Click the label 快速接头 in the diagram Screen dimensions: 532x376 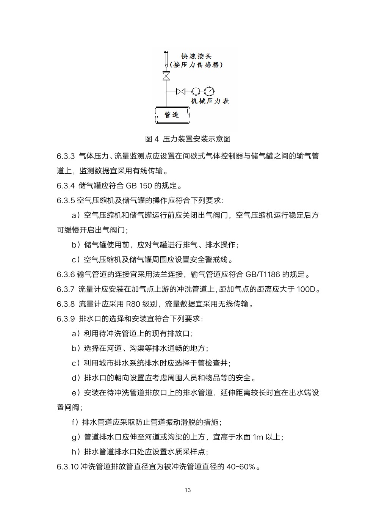[x=196, y=56]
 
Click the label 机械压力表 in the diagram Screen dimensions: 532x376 [x=210, y=101]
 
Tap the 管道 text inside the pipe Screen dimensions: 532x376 [x=172, y=115]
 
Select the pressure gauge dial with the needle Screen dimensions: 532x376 [x=209, y=91]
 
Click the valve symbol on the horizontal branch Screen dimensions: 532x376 [x=181, y=91]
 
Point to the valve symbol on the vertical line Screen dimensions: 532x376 [x=166, y=75]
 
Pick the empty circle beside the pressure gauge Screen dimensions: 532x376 [x=195, y=91]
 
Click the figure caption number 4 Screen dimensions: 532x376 [x=157, y=139]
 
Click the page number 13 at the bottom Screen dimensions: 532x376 [x=188, y=490]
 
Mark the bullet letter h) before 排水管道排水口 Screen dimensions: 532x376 [x=75, y=452]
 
